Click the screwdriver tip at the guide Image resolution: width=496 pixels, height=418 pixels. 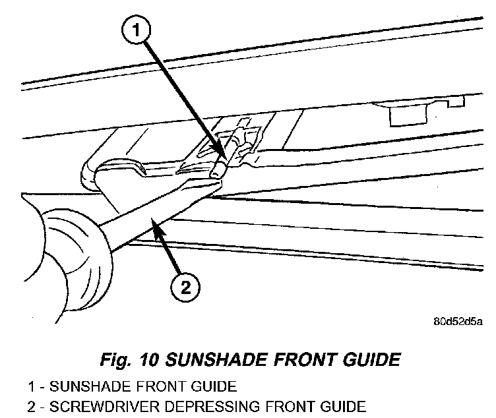click(216, 175)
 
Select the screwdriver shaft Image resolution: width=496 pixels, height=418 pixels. click(152, 211)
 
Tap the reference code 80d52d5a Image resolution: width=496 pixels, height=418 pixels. click(458, 322)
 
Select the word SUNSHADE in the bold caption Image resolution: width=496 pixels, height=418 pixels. click(212, 360)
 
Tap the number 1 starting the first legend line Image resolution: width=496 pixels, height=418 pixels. click(31, 386)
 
